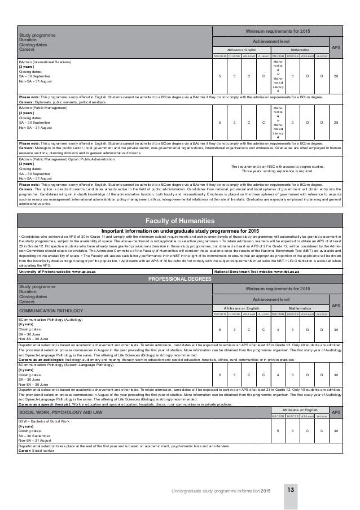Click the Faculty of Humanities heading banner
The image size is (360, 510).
(x=179, y=220)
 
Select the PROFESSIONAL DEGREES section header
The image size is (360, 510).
(x=179, y=278)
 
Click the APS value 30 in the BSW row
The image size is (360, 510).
(x=336, y=415)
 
